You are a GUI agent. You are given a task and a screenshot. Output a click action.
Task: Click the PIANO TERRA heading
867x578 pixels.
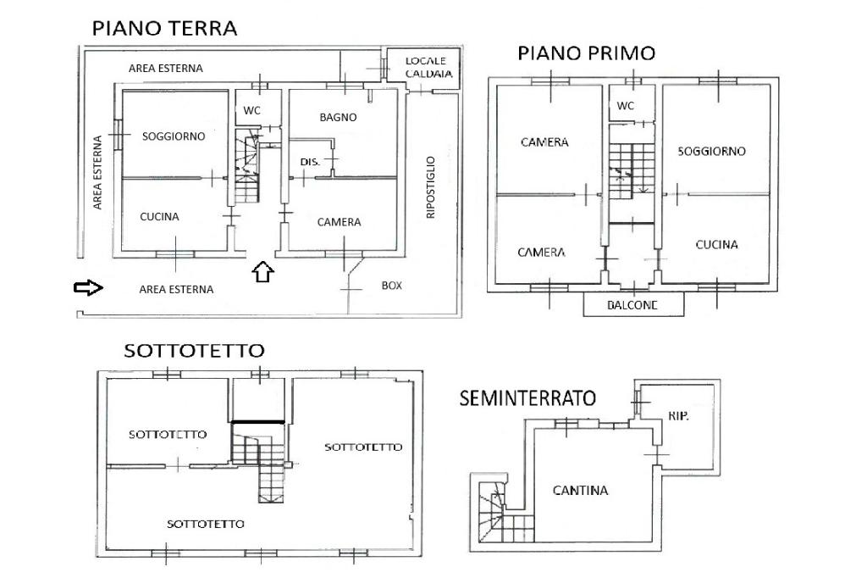click(164, 28)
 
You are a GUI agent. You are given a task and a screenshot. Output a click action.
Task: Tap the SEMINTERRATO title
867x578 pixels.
click(527, 398)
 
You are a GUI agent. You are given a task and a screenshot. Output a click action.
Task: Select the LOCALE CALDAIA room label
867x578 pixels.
click(428, 67)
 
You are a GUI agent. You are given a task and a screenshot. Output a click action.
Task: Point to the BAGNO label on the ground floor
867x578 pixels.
click(338, 117)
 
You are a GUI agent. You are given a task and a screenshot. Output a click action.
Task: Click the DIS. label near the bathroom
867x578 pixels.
click(310, 162)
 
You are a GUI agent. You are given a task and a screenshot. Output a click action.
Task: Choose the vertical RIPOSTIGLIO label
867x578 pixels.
click(431, 187)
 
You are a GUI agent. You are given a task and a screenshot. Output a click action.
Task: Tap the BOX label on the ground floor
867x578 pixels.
click(391, 285)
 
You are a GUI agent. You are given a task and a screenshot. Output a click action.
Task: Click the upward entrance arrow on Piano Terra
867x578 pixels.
click(262, 271)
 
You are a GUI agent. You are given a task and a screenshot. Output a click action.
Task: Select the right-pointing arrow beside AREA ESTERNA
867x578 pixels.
click(88, 288)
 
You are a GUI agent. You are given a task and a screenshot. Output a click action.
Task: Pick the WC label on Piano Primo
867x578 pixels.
click(626, 106)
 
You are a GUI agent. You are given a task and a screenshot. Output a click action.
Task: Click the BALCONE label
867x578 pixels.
click(632, 305)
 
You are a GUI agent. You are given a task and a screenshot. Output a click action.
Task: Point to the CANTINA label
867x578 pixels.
click(580, 490)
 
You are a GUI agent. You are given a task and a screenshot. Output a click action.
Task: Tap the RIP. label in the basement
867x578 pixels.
click(678, 416)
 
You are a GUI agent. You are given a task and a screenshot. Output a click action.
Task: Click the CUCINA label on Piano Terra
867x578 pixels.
click(159, 216)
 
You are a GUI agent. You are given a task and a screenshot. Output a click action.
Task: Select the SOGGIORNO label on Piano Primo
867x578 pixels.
click(711, 151)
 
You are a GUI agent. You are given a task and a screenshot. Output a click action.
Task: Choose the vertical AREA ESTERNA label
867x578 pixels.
click(97, 172)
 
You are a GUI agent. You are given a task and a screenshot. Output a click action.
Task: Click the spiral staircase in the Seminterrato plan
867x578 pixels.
click(492, 509)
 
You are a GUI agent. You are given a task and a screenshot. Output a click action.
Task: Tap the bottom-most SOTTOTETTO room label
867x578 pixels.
click(205, 524)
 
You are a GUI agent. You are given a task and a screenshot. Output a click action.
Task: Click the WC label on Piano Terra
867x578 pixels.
click(251, 110)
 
